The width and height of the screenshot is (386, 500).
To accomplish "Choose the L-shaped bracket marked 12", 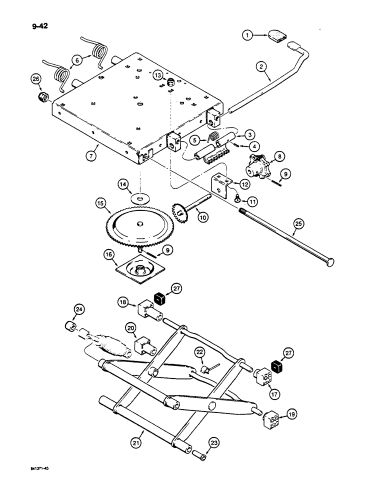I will [x=220, y=182].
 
